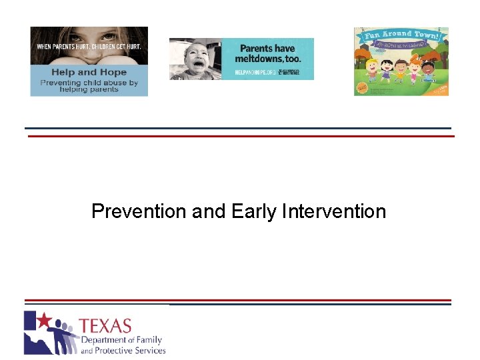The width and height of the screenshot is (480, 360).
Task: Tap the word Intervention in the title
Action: pyautogui.click(x=334, y=211)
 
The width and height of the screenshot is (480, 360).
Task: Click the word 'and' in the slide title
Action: pyautogui.click(x=209, y=211)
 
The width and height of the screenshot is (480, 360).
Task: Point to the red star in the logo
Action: pyautogui.click(x=44, y=321)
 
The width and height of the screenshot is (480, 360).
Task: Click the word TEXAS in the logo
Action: pyautogui.click(x=105, y=327)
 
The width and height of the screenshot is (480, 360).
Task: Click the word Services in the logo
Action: pyautogui.click(x=151, y=350)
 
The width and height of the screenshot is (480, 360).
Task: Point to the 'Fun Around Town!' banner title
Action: pyautogui.click(x=401, y=35)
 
